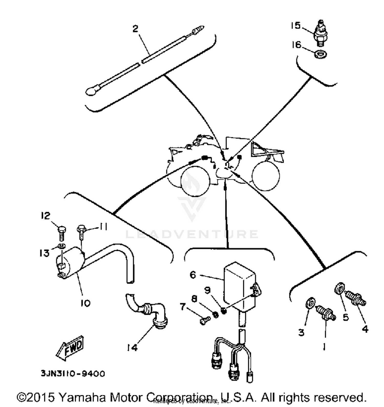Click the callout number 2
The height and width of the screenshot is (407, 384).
click(135, 29)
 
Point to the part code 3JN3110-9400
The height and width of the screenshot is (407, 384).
click(73, 374)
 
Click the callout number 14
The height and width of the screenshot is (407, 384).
click(132, 347)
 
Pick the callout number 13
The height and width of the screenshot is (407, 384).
click(44, 253)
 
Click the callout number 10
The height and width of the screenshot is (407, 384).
click(86, 303)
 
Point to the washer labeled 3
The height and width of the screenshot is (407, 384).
click(310, 303)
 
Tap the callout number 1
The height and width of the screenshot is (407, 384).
click(324, 347)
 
